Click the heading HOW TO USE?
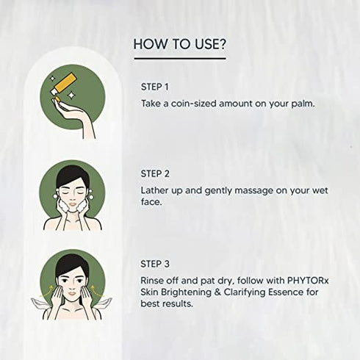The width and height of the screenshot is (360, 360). [x=179, y=44]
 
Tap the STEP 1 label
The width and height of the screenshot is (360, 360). [x=154, y=87]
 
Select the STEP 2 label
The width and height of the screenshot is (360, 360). [x=155, y=174]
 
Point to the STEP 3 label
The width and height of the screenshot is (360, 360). [x=155, y=263]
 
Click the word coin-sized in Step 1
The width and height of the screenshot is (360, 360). [x=192, y=103]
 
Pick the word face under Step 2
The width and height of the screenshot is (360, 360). [x=151, y=204]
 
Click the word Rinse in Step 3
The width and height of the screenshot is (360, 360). [x=154, y=279]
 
